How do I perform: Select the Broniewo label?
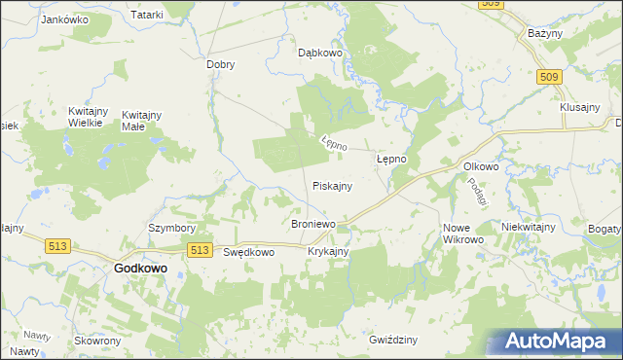coord(313,224)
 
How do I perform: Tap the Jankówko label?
coord(65,19)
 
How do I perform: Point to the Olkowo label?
coord(481,166)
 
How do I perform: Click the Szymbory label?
coord(171,229)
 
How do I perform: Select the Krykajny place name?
coord(328,251)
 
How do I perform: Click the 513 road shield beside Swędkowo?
coord(201,250)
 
